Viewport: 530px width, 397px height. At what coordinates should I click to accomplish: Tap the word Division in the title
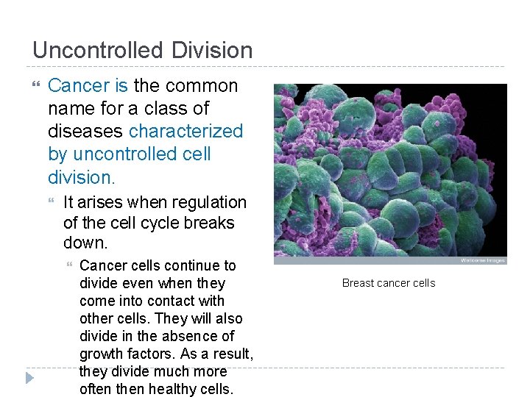click(213, 51)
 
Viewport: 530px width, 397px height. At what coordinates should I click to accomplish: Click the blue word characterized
click(185, 131)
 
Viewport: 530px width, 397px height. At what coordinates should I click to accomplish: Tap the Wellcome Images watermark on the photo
click(484, 260)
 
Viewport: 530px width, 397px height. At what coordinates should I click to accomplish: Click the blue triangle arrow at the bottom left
click(29, 379)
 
